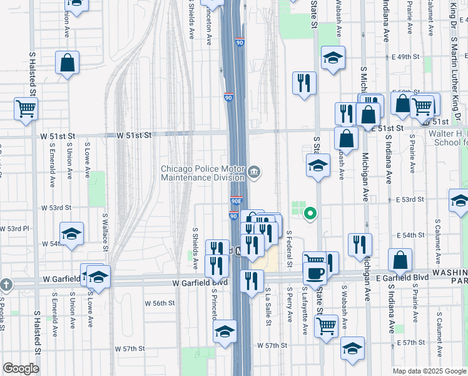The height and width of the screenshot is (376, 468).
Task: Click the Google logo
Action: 21,368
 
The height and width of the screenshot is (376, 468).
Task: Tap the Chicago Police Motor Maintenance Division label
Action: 204,172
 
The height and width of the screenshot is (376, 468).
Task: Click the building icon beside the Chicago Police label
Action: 254,172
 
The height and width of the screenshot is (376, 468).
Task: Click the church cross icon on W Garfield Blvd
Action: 6,284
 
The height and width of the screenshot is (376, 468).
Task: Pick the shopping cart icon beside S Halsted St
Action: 26,108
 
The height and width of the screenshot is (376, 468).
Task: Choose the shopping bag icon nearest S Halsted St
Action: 67,63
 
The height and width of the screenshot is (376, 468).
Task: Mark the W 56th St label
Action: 160,303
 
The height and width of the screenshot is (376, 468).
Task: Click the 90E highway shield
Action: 236,201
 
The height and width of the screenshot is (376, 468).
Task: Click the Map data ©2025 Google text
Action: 429,370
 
